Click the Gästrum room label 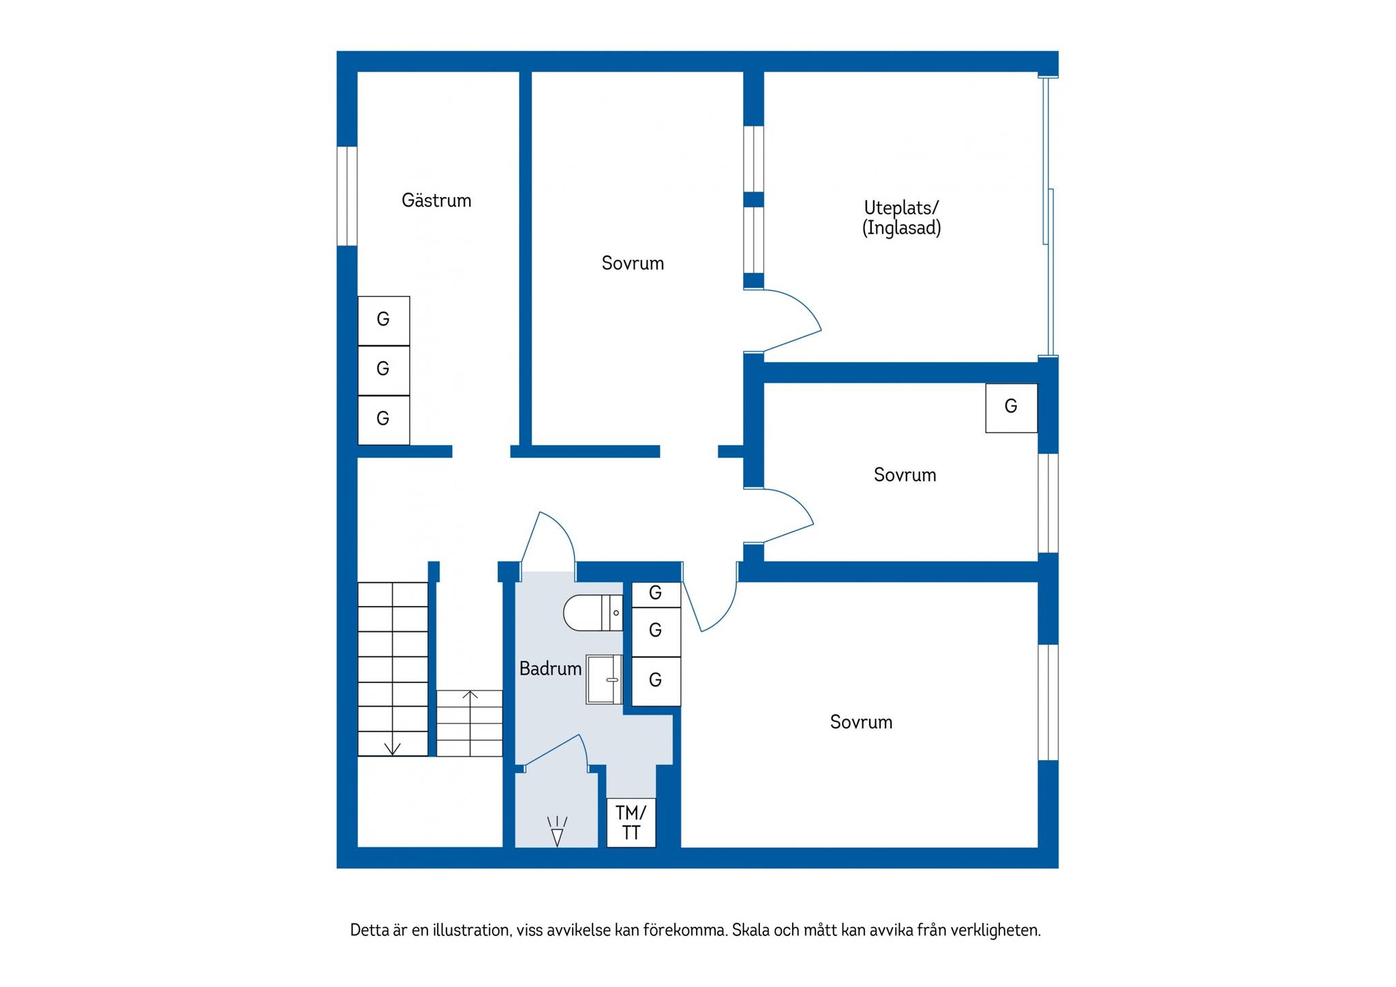[x=436, y=200]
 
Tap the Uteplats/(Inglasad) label [x=901, y=217]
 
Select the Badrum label [x=550, y=669]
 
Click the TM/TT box [x=631, y=823]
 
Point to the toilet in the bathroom [x=593, y=613]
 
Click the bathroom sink [x=604, y=680]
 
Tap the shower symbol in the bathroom [x=558, y=831]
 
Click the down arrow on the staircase [x=392, y=748]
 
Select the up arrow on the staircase [x=470, y=696]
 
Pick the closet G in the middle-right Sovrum [x=1012, y=408]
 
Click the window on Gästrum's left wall [x=348, y=196]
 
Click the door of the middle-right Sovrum [x=779, y=515]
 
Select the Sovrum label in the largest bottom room [x=861, y=722]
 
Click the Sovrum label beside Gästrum [x=633, y=263]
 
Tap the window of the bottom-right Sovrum [x=1048, y=702]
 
